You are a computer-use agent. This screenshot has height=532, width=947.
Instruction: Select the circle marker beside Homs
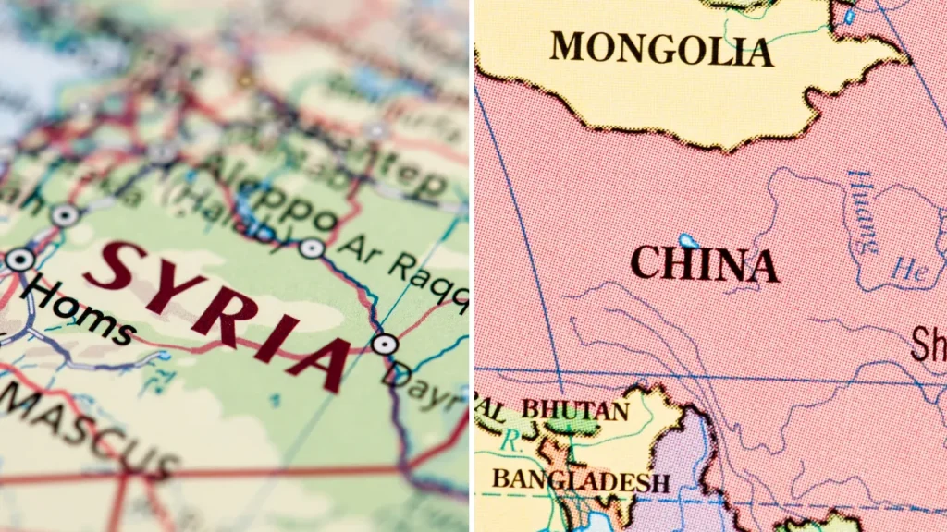pyautogui.click(x=19, y=260)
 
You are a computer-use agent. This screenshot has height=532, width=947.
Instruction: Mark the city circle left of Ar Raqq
pyautogui.click(x=312, y=248)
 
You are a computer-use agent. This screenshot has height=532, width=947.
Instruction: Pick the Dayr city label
pyautogui.click(x=425, y=388)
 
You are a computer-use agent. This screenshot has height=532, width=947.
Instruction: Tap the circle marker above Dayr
pyautogui.click(x=385, y=345)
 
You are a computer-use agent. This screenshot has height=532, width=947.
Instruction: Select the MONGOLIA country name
pyautogui.click(x=661, y=47)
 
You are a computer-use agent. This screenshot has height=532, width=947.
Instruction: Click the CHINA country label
pyautogui.click(x=704, y=265)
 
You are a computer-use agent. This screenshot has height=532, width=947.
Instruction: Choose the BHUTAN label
pyautogui.click(x=574, y=408)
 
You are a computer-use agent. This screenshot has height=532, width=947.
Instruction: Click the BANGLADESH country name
pyautogui.click(x=581, y=479)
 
